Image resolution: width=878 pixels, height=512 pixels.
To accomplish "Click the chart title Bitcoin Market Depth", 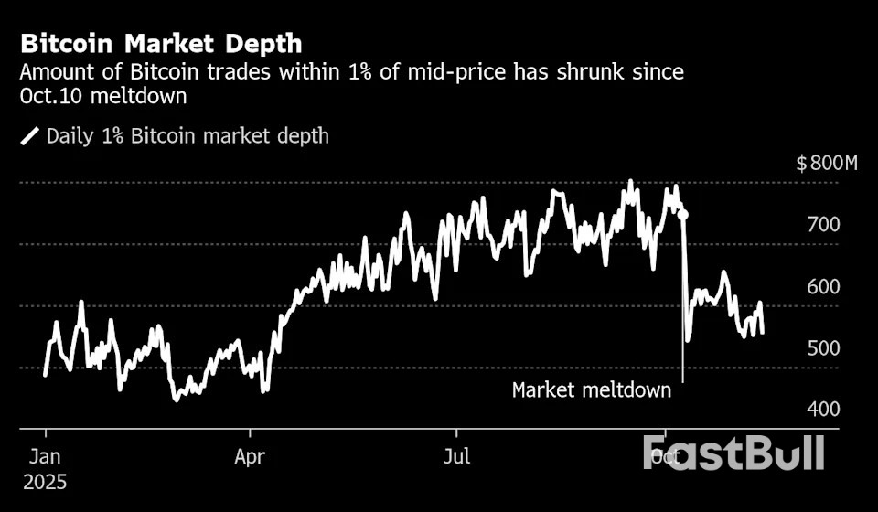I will coord(161,43).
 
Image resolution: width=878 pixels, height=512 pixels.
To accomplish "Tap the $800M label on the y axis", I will coord(827,165).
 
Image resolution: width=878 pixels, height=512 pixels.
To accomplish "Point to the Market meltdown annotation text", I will coord(591,390).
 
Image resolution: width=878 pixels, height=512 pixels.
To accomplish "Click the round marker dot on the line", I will coord(682,215).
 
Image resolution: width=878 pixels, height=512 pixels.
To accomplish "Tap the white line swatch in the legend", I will coord(30,137).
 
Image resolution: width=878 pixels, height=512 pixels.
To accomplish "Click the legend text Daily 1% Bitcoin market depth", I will coord(187,137).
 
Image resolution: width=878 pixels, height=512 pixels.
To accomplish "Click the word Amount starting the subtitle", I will coord(59,72).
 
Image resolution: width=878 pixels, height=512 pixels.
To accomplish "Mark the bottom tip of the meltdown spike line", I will coord(682,380).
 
